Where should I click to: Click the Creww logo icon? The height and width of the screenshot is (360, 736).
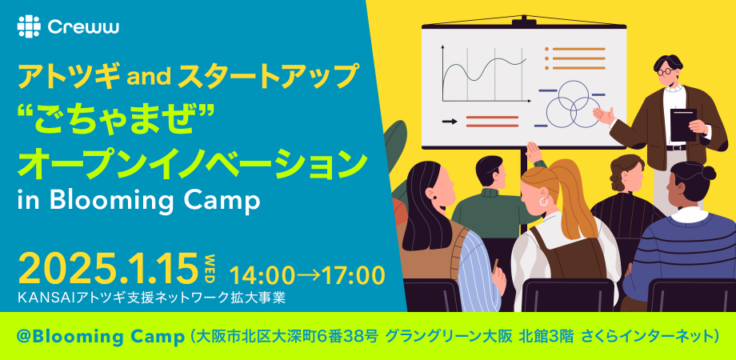point(28,26)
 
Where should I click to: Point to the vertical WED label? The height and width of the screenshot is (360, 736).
point(210,266)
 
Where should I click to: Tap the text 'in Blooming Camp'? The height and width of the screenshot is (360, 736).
point(138,200)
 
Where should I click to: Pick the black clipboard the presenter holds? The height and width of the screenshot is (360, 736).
point(682,125)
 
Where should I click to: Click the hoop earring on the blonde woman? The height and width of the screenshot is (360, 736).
point(543,203)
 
